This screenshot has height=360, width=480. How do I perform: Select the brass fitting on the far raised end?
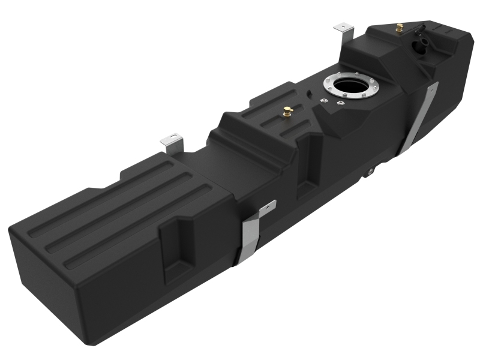(399, 28)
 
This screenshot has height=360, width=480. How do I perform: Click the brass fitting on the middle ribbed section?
(287, 112)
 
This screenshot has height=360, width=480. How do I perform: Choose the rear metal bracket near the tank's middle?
(172, 142)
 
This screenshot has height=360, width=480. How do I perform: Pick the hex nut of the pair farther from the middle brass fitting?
(340, 104)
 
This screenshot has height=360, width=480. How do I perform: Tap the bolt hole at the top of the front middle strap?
(270, 207)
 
